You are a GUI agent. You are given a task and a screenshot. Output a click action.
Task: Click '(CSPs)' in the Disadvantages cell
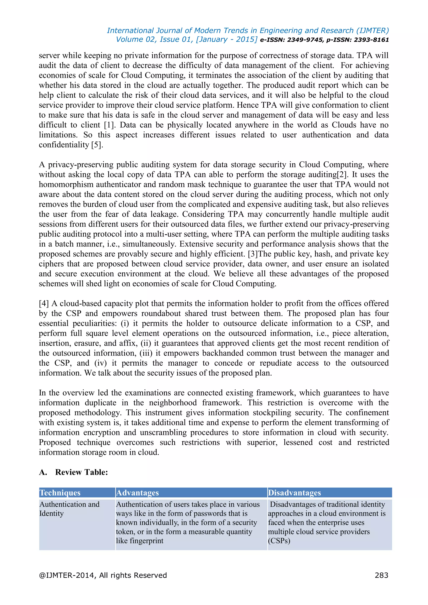279,541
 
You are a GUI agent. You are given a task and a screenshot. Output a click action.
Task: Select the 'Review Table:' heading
82,472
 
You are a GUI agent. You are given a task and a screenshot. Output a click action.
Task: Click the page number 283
381,575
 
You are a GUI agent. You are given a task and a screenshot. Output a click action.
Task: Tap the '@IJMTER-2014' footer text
68,575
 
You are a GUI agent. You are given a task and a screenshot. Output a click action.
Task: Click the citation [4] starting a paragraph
44,303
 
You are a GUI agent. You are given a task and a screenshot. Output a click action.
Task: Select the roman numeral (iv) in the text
100,363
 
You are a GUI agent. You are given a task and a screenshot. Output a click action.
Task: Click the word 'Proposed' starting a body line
55,442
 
